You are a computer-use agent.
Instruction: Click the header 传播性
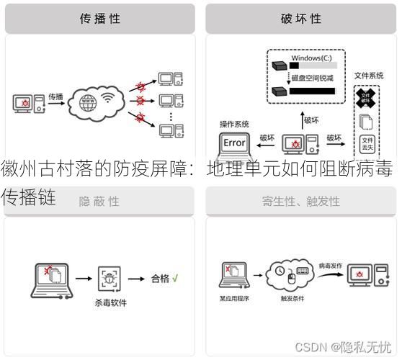(x=99, y=19)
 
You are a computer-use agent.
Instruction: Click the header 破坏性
(x=300, y=19)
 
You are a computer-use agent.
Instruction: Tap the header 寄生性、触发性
(x=300, y=201)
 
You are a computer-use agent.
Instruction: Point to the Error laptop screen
(x=234, y=143)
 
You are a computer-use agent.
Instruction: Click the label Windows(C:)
(x=311, y=57)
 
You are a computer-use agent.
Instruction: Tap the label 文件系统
(x=368, y=75)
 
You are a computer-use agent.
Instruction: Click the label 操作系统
(x=234, y=124)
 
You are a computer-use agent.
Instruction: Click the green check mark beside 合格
(x=175, y=276)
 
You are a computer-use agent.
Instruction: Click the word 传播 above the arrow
(x=55, y=96)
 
